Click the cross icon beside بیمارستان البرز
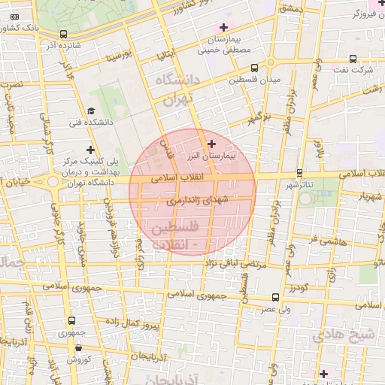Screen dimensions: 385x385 (x=211, y=144)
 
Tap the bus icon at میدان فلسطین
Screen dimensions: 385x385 (x=253, y=67)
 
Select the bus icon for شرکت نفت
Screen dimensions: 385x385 (x=352, y=58)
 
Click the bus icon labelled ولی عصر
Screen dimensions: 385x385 (x=276, y=297)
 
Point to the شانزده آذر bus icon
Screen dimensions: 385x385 (x=63, y=34)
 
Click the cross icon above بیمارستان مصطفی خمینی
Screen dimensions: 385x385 (x=223, y=27)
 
